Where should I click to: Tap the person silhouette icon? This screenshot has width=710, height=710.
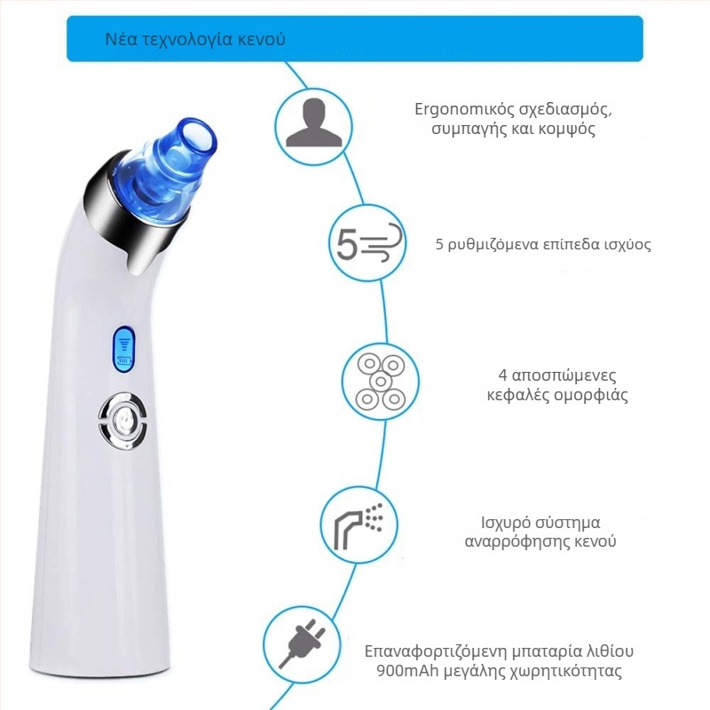tap(313, 123)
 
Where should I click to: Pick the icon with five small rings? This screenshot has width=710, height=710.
tap(381, 381)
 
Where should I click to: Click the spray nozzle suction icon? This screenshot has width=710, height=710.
tap(359, 525)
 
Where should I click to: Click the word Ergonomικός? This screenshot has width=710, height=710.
tap(463, 109)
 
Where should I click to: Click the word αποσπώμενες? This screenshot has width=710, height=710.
tap(564, 375)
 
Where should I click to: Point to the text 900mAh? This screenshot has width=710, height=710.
tap(407, 671)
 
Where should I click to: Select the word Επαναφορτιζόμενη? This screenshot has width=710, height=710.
tap(436, 651)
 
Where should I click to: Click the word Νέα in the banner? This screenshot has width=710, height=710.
tap(121, 39)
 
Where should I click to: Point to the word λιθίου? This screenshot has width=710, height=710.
tap(610, 651)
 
